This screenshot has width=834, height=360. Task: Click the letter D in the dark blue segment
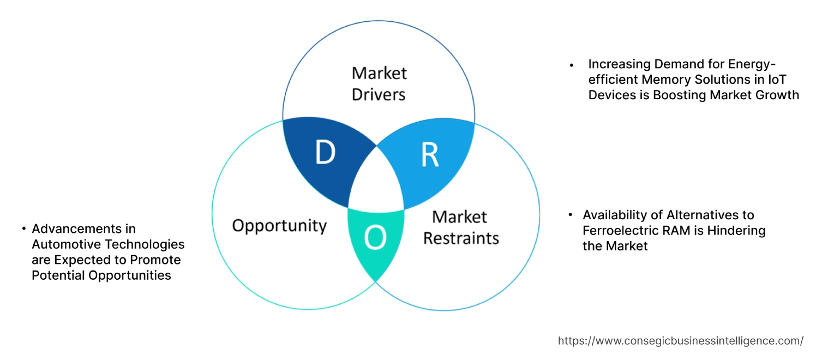coord(325,154)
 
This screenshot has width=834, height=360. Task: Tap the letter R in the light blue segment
coord(430,155)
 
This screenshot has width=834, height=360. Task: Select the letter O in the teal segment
coord(375,238)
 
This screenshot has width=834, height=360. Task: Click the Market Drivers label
coord(379,83)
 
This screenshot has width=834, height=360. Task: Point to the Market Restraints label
coord(461,227)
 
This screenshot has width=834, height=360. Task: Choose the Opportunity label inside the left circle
coord(279,225)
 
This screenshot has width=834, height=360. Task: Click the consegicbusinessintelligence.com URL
coord(680,341)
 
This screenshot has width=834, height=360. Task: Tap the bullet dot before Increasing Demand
coord(572,65)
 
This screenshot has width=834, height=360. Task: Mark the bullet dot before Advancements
coord(24,229)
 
